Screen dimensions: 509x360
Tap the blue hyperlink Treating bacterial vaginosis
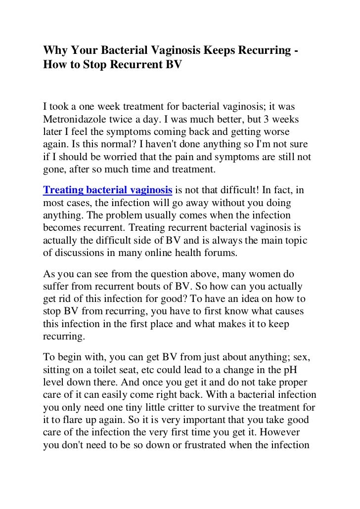tap(108, 189)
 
